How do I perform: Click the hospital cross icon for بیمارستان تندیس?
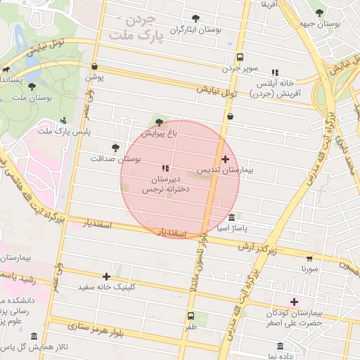pos(225,159)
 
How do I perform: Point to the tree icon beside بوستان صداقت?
pos(115,148)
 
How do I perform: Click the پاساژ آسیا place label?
pos(232,229)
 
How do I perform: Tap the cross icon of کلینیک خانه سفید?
pos(106,276)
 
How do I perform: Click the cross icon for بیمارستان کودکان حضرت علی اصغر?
pos(294,302)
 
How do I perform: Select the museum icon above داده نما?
pos(281,347)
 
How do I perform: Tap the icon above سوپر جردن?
pos(240,57)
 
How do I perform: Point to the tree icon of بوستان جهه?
pos(321,12)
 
